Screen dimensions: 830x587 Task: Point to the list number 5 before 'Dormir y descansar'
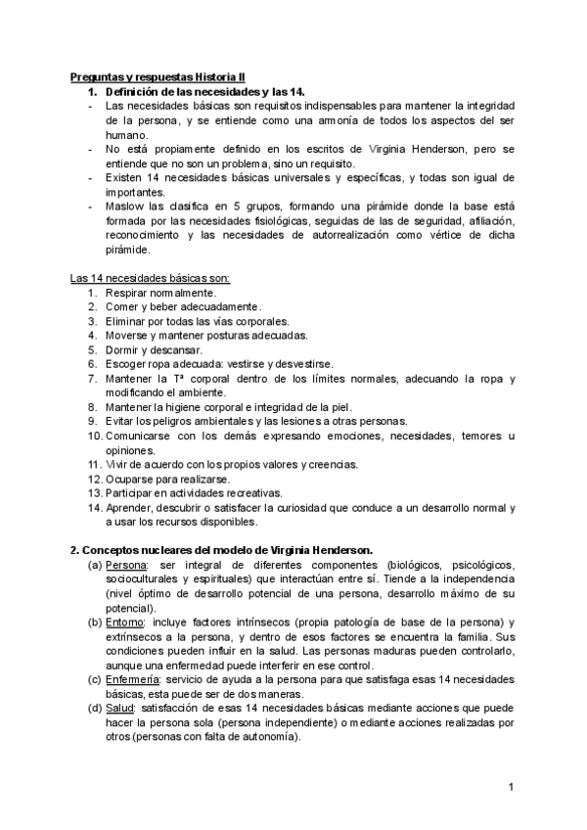click(91, 349)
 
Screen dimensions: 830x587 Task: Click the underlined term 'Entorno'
click(125, 622)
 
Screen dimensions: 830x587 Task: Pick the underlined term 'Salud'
click(120, 709)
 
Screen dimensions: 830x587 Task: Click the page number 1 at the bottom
click(512, 787)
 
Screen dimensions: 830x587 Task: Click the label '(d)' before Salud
click(94, 709)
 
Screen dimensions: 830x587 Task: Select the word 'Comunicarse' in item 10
click(137, 436)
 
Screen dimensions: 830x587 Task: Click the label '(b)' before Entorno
click(94, 622)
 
